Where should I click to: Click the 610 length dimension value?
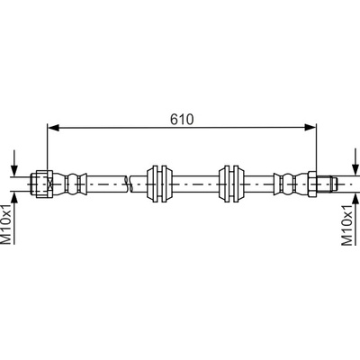pyautogui.click(x=182, y=120)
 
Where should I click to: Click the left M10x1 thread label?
pyautogui.click(x=7, y=224)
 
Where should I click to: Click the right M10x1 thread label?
pyautogui.click(x=347, y=226)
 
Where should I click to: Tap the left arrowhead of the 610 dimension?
pyautogui.click(x=53, y=128)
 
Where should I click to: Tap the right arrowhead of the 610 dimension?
pyautogui.click(x=310, y=128)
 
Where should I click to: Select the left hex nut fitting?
pyautogui.click(x=42, y=184)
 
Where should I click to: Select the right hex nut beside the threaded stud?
pyautogui.click(x=312, y=184)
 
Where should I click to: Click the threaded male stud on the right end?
pyautogui.click(x=328, y=184)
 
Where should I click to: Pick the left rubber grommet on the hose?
pyautogui.click(x=160, y=184)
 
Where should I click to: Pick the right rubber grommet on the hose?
pyautogui.click(x=231, y=184)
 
